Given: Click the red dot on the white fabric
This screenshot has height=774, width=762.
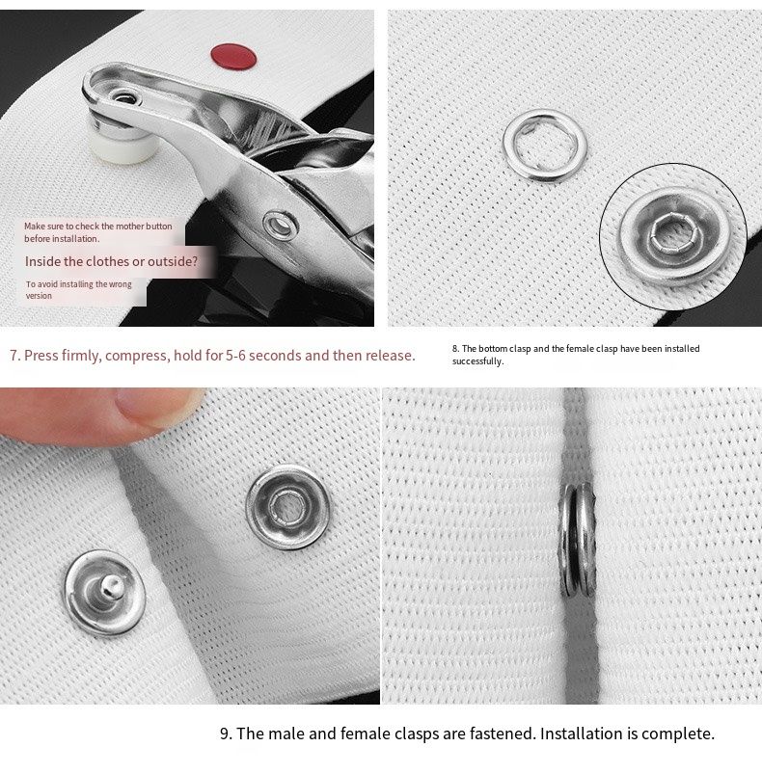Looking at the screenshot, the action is pos(233,56).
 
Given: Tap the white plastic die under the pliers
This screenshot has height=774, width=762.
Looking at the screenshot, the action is pos(119,141).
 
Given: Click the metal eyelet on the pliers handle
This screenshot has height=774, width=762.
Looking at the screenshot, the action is pos(281,226).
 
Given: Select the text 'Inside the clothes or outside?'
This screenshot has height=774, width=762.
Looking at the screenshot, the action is pos(112,261).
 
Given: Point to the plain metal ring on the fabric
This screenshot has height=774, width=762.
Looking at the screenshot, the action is pos(545,146).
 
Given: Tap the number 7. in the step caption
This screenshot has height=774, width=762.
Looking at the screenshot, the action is pos(14,356).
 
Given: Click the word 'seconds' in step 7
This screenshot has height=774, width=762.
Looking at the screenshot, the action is pos(274,356).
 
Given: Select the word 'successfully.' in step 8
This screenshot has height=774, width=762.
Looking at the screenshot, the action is pos(478,361).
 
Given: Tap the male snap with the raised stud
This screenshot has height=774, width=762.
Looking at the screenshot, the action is pos(105,592).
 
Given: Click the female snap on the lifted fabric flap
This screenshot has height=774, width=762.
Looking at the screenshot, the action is pos(288,507).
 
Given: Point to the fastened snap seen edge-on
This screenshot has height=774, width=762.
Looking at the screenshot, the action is pos(577,540).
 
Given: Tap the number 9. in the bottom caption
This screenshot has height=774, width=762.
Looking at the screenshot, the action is pos(226,734).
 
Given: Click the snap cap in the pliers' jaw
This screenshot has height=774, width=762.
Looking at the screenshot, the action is pos(124,97).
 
